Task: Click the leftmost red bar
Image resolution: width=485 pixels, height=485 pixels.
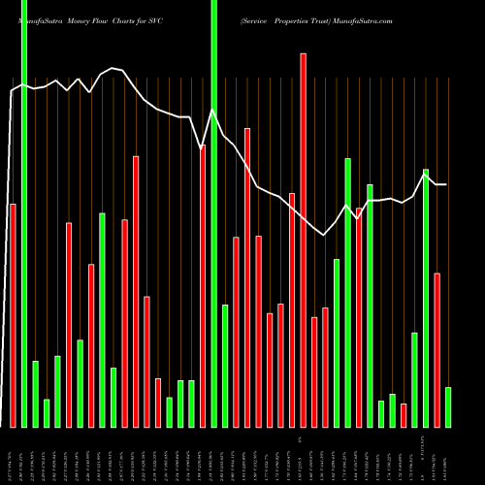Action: [13, 315]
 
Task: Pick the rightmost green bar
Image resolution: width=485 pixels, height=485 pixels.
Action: [448, 407]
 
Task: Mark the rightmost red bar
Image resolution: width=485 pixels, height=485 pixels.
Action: [437, 350]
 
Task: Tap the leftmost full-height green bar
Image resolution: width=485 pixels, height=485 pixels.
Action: [24, 213]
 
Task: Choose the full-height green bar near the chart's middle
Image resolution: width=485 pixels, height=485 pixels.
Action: [214, 213]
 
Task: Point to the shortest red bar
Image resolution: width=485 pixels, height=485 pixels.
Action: [404, 415]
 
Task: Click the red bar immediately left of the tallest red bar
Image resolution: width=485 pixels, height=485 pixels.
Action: [292, 310]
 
